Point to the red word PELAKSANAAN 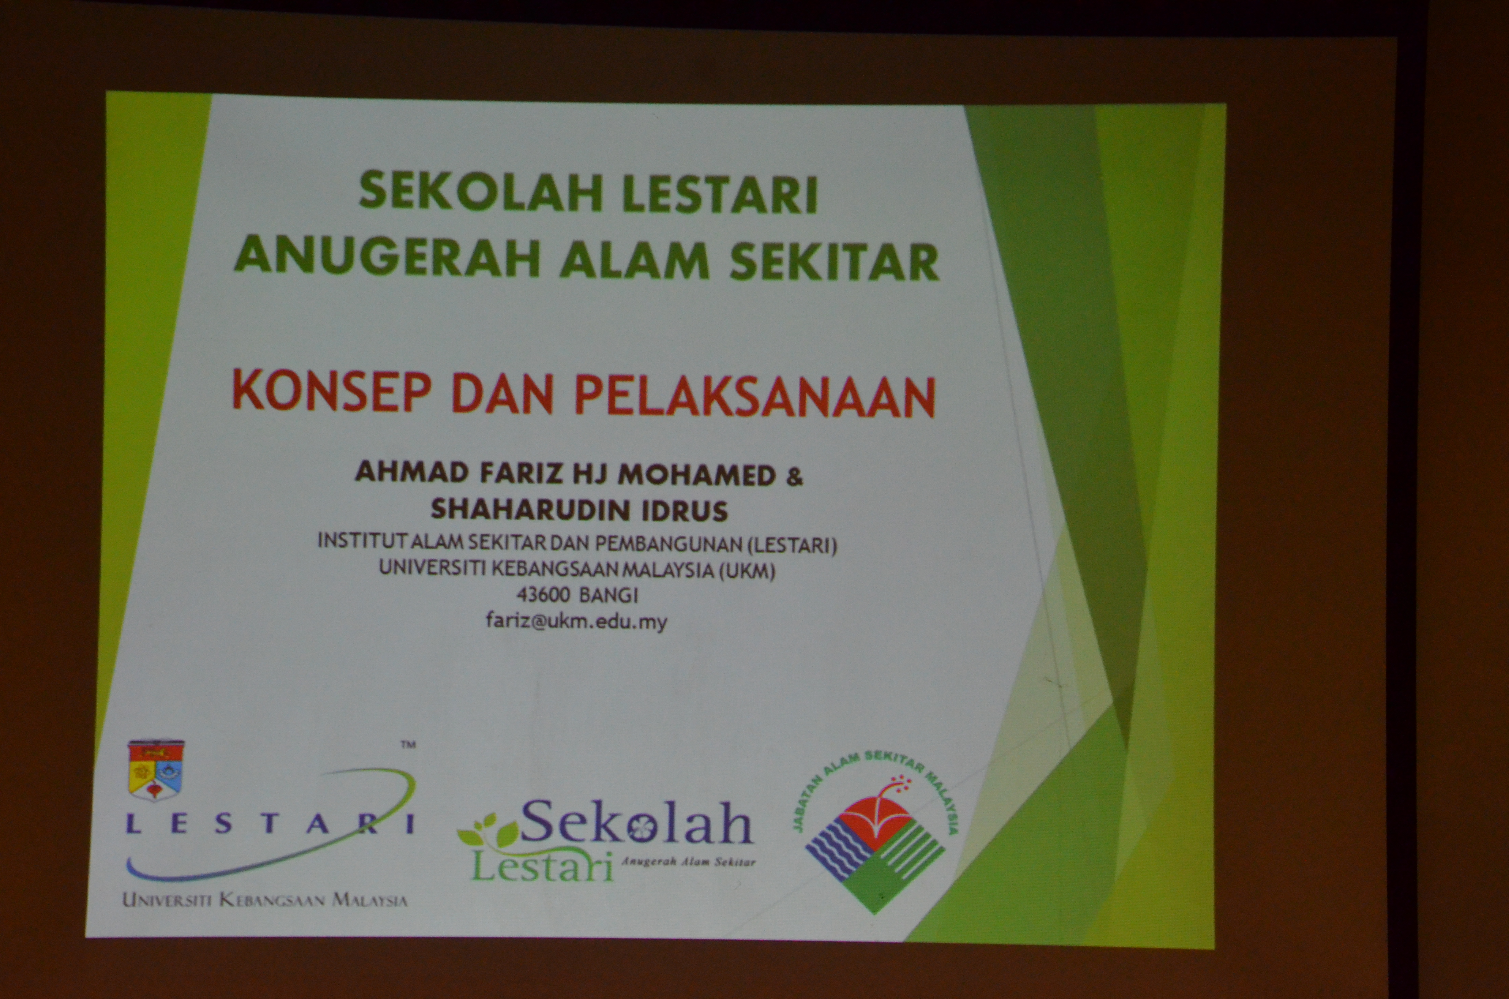point(755,396)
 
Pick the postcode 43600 point(543,595)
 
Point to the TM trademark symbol point(408,744)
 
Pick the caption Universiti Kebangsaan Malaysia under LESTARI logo point(265,900)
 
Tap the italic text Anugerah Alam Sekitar point(688,862)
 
